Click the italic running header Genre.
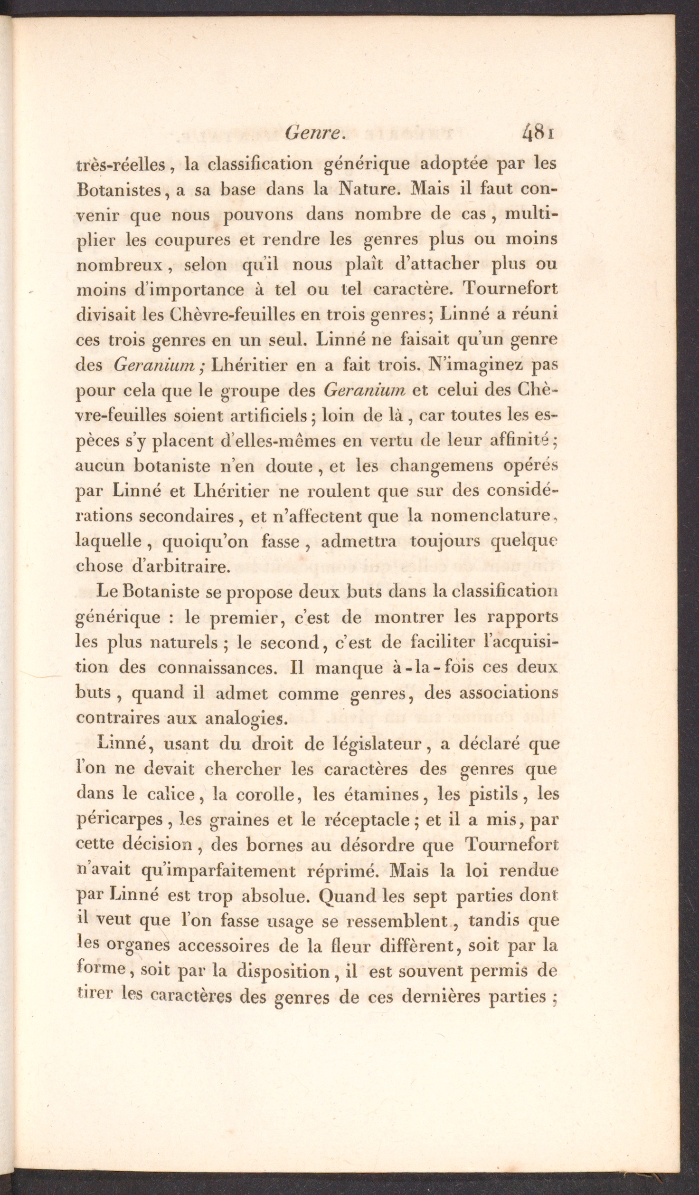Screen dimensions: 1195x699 (314, 135)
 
